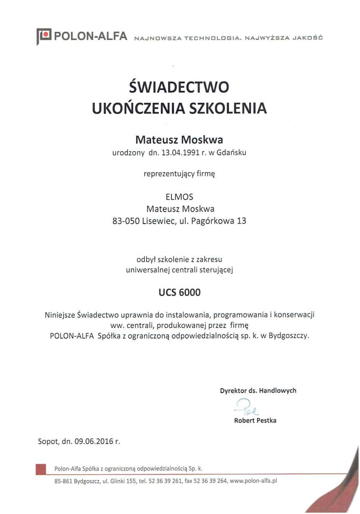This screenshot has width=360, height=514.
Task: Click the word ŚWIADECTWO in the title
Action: [180, 87]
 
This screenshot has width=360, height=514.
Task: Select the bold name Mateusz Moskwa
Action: [179, 139]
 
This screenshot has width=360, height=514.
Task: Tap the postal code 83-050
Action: [125, 221]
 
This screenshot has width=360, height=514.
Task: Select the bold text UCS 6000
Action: [180, 292]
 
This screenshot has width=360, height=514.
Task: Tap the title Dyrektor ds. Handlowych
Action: [258, 390]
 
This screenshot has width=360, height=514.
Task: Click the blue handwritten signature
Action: [246, 407]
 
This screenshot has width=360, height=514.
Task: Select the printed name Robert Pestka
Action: [255, 420]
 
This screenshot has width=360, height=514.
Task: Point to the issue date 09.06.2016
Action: [93, 441]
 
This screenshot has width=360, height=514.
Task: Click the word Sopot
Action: [48, 441]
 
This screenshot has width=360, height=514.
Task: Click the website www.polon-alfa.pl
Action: [253, 481]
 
